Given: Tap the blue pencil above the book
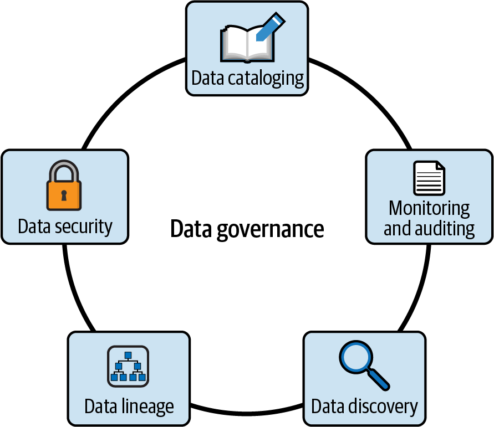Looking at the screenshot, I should pos(270,27).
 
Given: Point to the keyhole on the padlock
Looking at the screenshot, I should pos(64,196).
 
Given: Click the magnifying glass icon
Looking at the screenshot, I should pos(363,366).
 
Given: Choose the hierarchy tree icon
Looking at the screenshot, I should pos(127,366).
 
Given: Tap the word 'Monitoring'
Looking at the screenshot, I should pos(429,208).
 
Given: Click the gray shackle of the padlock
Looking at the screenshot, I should pos(64,169).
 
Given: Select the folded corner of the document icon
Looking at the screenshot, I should pos(440,166).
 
